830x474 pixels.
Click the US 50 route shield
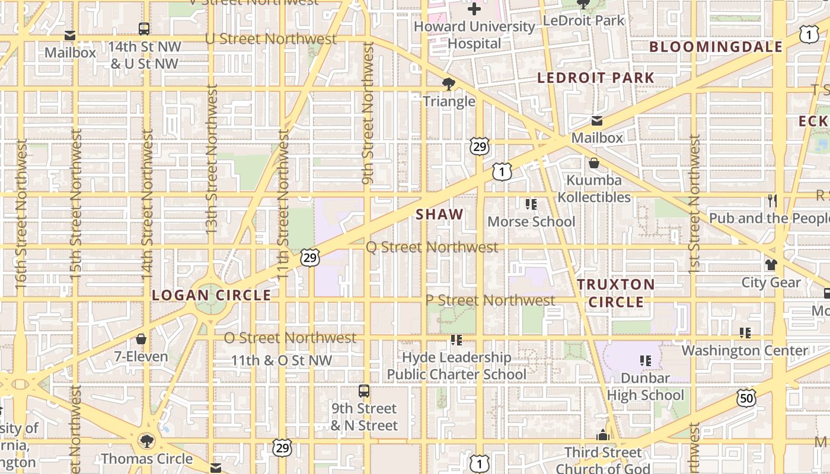pyautogui.click(x=746, y=398)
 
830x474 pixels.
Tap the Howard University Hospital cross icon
pyautogui.click(x=474, y=9)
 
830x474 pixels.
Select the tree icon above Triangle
pyautogui.click(x=449, y=84)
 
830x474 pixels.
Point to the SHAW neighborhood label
pyautogui.click(x=439, y=214)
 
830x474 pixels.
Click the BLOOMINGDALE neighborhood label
pyautogui.click(x=716, y=47)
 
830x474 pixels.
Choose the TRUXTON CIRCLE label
pyautogui.click(x=616, y=293)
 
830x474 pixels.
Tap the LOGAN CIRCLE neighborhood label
pyautogui.click(x=211, y=295)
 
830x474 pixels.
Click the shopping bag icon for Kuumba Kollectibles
pyautogui.click(x=594, y=163)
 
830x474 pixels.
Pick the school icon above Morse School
pyautogui.click(x=531, y=204)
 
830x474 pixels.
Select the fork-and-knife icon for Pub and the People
pyautogui.click(x=772, y=201)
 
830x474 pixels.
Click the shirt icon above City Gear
pyautogui.click(x=771, y=265)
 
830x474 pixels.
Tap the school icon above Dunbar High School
pyautogui.click(x=646, y=360)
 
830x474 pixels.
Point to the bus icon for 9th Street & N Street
pyautogui.click(x=364, y=391)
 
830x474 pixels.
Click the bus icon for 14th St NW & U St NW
pyautogui.click(x=144, y=28)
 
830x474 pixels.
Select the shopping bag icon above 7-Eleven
pyautogui.click(x=141, y=339)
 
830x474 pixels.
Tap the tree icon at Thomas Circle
pyautogui.click(x=146, y=441)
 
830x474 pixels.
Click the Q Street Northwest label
pyautogui.click(x=432, y=247)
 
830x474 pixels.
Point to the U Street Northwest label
pyautogui.click(x=270, y=39)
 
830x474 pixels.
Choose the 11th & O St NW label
pyautogui.click(x=281, y=360)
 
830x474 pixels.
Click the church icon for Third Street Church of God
pyautogui.click(x=603, y=435)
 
